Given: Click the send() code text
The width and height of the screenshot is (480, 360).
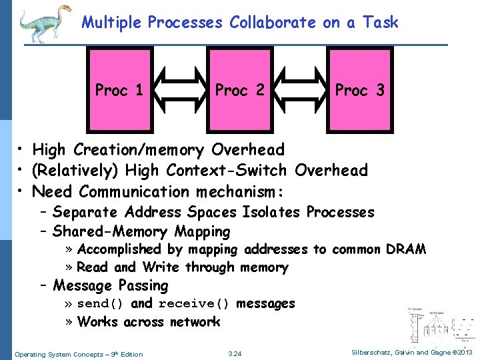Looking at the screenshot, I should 101,304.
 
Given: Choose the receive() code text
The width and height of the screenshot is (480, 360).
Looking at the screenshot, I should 195,304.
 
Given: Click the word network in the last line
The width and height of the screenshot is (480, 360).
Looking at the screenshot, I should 195,322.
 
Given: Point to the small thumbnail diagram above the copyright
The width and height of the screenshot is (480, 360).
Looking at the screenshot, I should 440,327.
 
